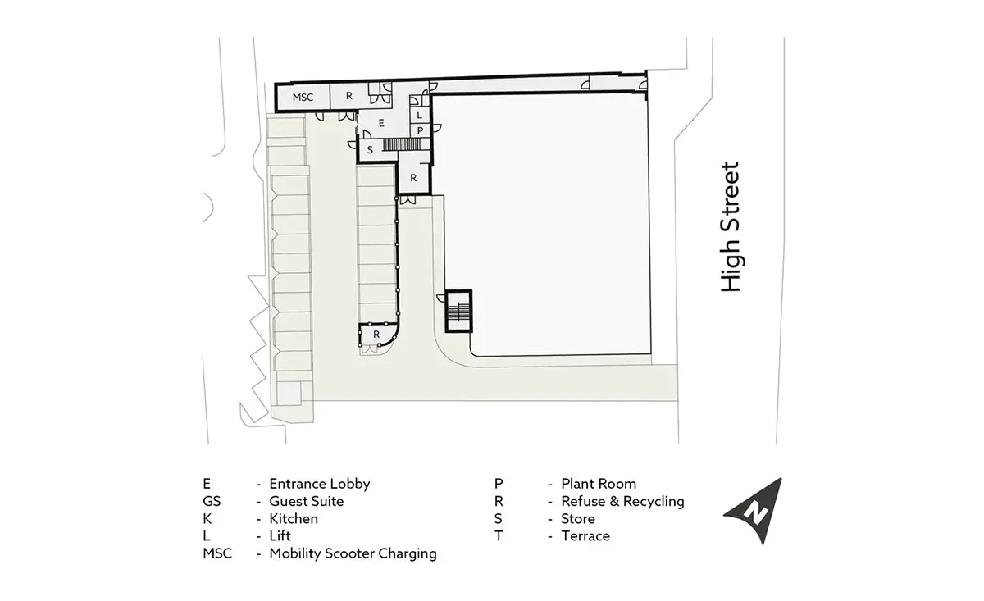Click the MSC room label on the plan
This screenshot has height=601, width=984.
[303, 97]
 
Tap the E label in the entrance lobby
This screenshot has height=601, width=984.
[381, 123]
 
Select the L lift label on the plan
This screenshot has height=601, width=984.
[420, 115]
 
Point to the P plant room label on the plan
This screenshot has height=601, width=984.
[421, 130]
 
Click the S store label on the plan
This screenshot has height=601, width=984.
[370, 150]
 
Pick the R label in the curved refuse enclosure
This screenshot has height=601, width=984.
[376, 335]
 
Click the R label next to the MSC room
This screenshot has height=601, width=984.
[349, 96]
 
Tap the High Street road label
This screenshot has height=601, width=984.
[731, 226]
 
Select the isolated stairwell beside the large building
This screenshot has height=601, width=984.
[458, 311]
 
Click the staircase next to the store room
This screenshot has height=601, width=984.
[402, 144]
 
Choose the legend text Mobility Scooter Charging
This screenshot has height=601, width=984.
[353, 553]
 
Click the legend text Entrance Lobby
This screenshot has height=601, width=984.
[319, 484]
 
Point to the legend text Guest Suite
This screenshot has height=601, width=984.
[306, 501]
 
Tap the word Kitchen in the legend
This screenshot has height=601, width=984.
[294, 519]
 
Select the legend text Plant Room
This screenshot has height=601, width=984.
[599, 484]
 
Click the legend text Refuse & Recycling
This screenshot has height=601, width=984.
[622, 501]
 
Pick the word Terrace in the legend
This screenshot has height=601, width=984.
[585, 536]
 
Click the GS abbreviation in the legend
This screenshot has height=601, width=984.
[212, 501]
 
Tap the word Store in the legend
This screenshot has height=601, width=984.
[578, 519]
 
